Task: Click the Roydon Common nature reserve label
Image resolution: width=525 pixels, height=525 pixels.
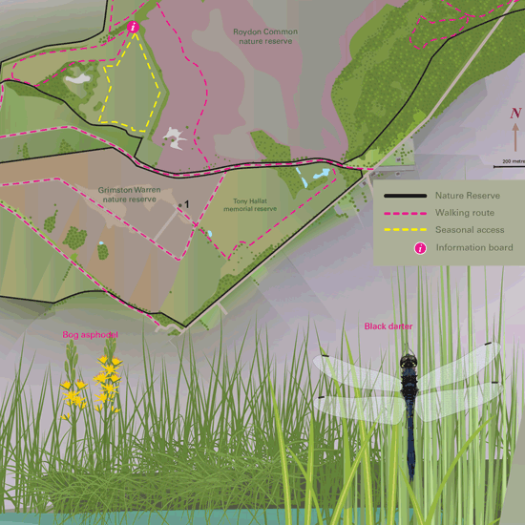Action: click(265, 36)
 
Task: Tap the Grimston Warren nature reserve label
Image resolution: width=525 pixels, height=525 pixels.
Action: click(127, 194)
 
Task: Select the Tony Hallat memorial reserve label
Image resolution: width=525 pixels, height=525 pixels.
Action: click(255, 205)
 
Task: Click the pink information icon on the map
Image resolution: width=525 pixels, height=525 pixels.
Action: click(134, 28)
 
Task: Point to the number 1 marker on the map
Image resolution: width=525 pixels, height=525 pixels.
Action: click(187, 204)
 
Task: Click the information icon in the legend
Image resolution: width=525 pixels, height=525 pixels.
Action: click(419, 249)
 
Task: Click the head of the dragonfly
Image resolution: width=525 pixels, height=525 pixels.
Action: click(409, 362)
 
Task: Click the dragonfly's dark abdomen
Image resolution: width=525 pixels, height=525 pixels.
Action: click(410, 439)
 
